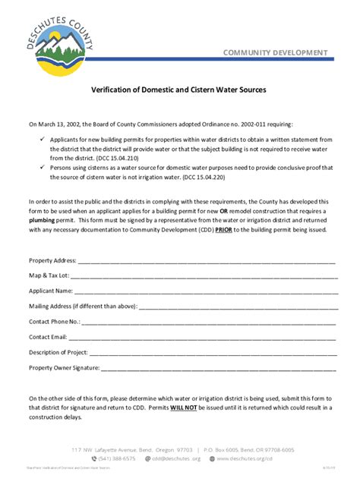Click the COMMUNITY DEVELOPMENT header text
coord(276,52)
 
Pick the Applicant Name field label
coord(51,291)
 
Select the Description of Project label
coord(58,352)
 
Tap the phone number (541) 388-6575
coord(117,458)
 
